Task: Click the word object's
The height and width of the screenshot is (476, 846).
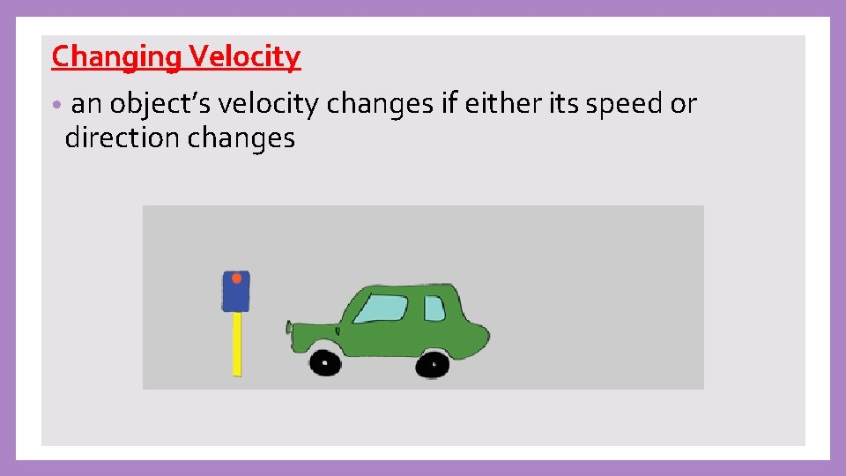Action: click(160, 105)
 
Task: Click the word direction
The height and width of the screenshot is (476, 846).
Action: click(120, 138)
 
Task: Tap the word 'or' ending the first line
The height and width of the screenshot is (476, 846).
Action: click(684, 105)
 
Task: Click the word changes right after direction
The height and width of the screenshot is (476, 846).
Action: click(239, 138)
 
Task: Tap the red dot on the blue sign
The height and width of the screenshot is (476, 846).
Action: click(236, 278)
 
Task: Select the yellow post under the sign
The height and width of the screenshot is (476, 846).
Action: click(236, 344)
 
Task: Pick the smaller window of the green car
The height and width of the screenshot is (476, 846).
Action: click(434, 309)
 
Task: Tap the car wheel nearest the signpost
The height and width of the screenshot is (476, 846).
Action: click(325, 361)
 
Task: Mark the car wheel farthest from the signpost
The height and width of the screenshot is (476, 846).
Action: click(433, 363)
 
